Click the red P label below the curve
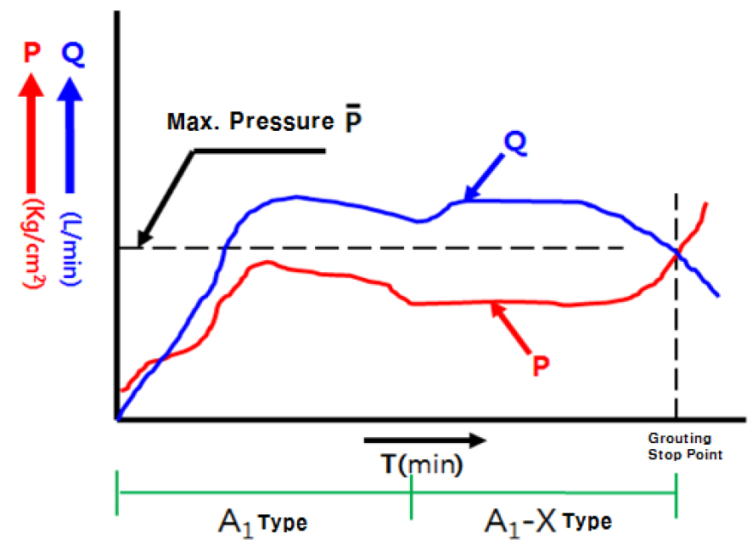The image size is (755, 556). (x=540, y=365)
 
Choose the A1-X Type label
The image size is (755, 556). (x=549, y=520)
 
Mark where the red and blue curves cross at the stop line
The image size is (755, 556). (x=677, y=251)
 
